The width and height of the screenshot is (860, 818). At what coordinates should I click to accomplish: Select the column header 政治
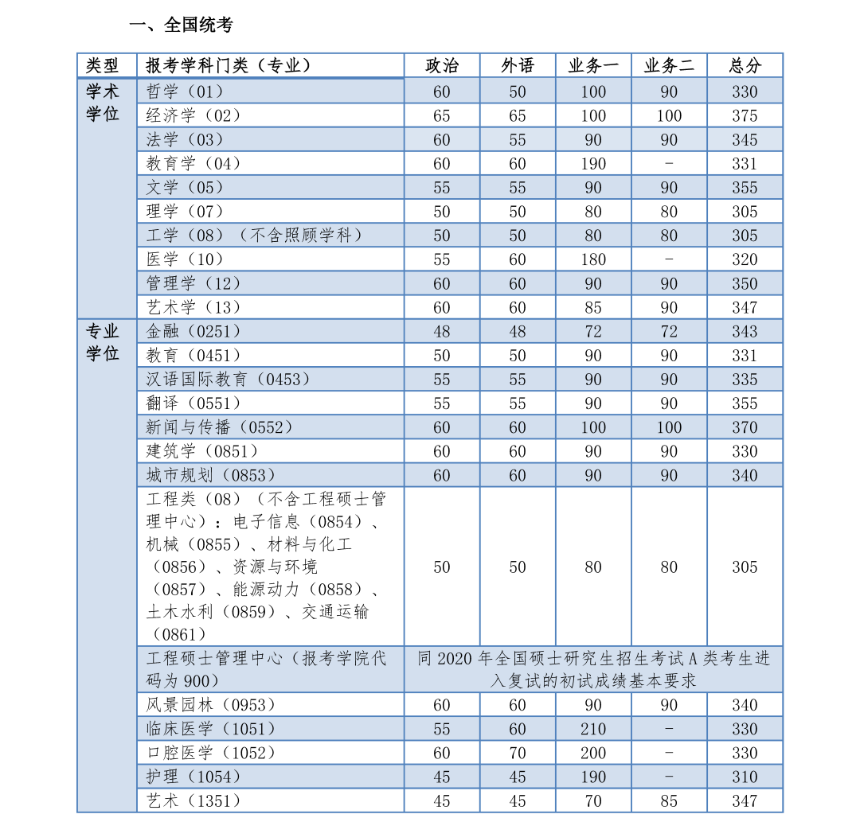(x=442, y=66)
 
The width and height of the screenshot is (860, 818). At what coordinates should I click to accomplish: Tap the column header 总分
(x=745, y=66)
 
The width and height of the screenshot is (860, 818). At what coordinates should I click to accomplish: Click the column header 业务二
(x=669, y=66)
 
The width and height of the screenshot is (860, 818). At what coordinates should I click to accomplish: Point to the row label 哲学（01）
(x=186, y=92)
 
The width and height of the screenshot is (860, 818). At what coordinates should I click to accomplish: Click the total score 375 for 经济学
(x=745, y=115)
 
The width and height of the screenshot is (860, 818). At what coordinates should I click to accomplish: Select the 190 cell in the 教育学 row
(x=593, y=164)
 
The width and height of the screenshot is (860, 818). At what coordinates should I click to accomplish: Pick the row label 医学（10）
(x=186, y=259)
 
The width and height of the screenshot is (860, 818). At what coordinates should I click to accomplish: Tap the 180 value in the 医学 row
(x=593, y=259)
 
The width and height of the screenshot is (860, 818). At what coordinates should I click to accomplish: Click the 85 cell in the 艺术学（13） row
(x=593, y=307)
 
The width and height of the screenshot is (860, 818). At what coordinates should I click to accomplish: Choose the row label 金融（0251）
(x=193, y=331)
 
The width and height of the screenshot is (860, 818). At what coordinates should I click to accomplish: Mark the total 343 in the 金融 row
(x=745, y=331)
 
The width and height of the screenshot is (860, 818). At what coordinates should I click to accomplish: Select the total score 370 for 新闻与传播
(x=745, y=427)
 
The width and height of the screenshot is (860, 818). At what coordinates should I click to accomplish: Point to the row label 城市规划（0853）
(x=211, y=475)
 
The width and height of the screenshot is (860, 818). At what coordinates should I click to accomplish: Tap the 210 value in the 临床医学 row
(x=593, y=729)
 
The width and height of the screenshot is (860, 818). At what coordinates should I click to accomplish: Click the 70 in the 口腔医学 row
(x=518, y=753)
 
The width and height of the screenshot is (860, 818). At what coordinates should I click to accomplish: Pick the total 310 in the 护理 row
(x=745, y=777)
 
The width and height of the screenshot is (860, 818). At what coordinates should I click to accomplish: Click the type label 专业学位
(x=103, y=342)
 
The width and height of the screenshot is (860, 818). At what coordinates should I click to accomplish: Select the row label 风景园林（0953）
(x=211, y=705)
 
